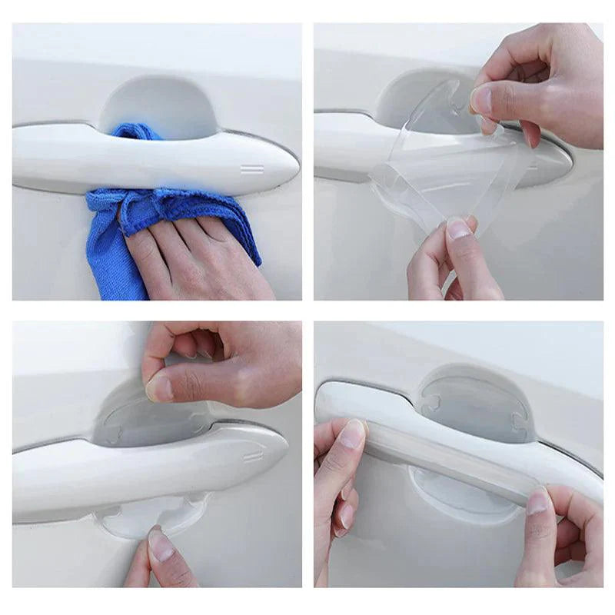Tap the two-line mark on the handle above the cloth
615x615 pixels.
251,168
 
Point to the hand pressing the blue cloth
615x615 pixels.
192,254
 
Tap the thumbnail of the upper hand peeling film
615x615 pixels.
482,101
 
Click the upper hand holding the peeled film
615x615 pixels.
538,85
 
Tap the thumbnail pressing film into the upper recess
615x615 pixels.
160,388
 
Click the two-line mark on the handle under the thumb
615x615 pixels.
253,455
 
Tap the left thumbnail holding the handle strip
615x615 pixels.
352,434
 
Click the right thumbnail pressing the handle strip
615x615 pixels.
537,501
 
